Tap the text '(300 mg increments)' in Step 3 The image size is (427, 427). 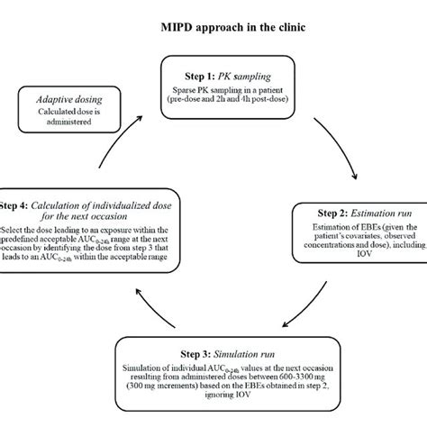[153, 392]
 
